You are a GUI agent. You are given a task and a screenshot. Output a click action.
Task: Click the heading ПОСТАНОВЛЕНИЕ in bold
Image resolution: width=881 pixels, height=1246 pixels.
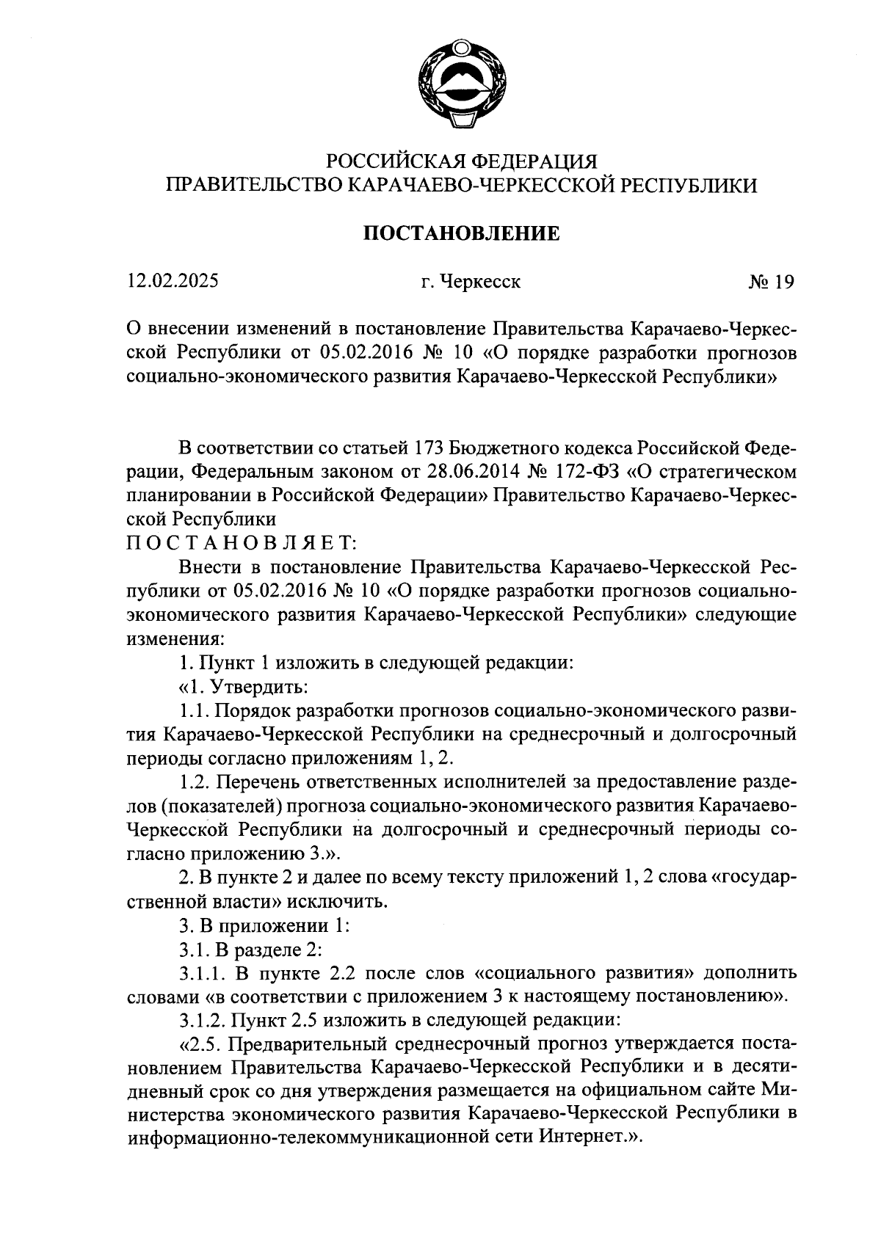tap(462, 233)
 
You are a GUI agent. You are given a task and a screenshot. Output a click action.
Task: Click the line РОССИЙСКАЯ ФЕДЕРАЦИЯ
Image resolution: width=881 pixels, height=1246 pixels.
tap(462, 161)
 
